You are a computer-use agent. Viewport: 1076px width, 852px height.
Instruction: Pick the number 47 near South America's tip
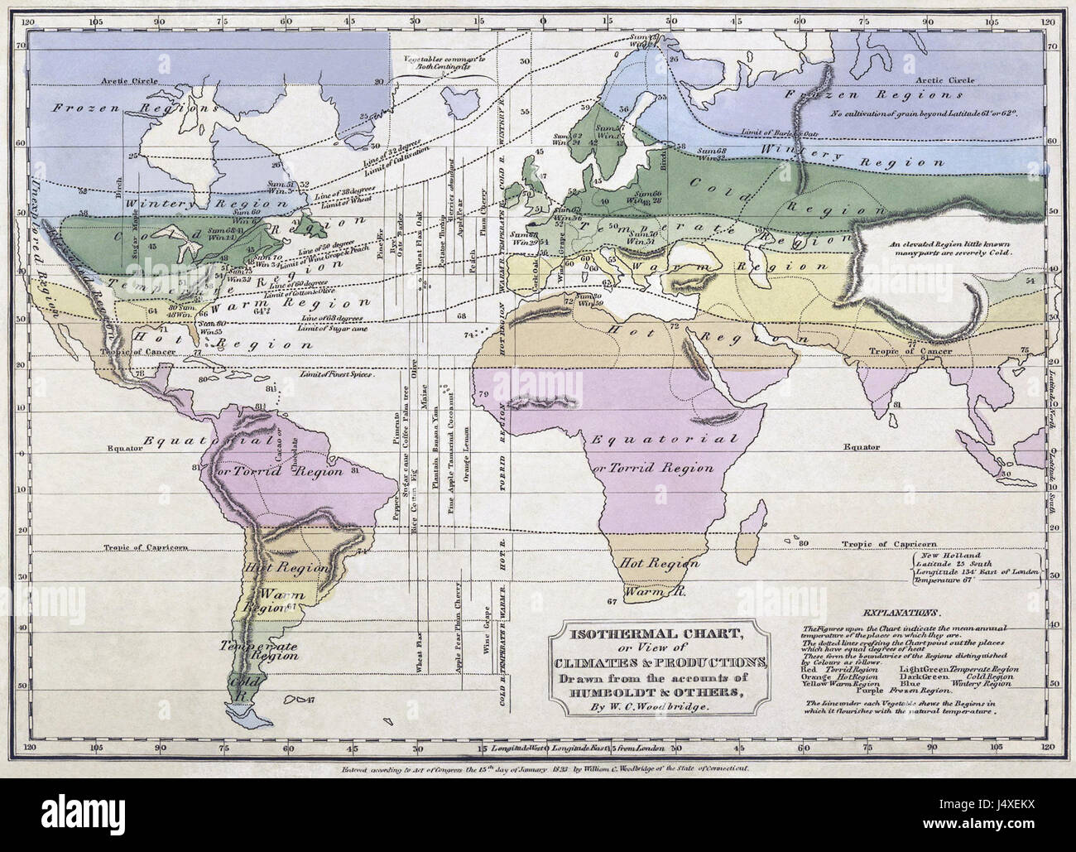click(x=310, y=701)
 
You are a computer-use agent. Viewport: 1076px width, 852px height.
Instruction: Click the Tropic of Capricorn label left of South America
click(x=146, y=547)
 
